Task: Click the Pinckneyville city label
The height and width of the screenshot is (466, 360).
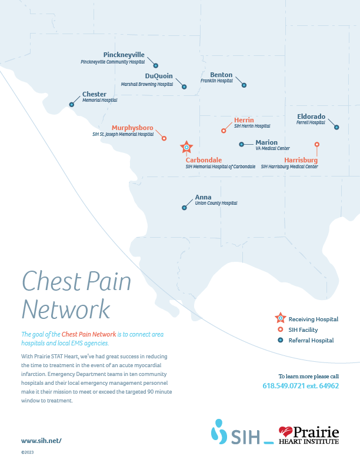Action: click(x=124, y=55)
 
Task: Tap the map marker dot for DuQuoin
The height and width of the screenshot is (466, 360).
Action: click(x=184, y=86)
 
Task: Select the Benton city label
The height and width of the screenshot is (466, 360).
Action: click(x=221, y=75)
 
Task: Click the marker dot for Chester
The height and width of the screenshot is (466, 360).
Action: click(x=72, y=104)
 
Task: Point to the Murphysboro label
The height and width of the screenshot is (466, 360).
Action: click(x=132, y=128)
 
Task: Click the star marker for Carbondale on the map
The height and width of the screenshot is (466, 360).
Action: click(x=186, y=147)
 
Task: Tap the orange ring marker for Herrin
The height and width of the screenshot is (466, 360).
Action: click(x=224, y=131)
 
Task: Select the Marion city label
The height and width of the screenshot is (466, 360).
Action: click(x=266, y=142)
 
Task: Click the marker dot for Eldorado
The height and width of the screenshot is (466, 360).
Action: click(x=336, y=127)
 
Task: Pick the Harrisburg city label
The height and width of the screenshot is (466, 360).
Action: click(x=301, y=160)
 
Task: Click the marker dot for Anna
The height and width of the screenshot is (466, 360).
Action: click(x=184, y=207)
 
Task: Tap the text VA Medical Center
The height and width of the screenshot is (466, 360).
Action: click(x=272, y=149)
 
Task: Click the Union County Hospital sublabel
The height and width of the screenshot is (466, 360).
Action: click(x=216, y=203)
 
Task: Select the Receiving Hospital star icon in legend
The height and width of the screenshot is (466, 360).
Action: click(x=280, y=318)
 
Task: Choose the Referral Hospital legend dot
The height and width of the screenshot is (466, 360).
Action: click(x=280, y=340)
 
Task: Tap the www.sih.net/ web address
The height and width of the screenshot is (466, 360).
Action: click(x=41, y=440)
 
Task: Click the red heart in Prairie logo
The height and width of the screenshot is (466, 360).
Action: click(x=285, y=433)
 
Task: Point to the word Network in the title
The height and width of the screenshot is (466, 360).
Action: click(x=65, y=309)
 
